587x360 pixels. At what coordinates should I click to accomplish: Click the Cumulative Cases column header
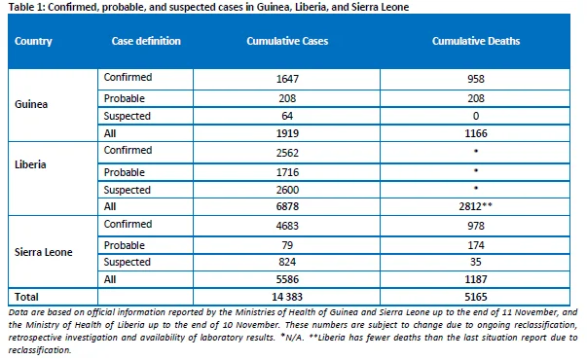click(x=287, y=41)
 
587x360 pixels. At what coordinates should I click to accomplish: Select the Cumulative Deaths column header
click(x=476, y=41)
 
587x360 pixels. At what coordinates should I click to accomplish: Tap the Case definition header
click(x=146, y=41)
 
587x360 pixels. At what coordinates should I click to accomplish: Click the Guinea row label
click(x=31, y=104)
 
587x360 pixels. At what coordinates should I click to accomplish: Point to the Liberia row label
click(x=30, y=164)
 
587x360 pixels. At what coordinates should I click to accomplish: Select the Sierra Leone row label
click(x=44, y=252)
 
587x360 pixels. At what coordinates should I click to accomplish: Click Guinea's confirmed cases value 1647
click(x=287, y=79)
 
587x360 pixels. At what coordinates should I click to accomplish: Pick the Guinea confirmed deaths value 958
click(x=476, y=79)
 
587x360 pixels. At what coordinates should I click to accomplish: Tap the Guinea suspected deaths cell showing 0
click(x=476, y=116)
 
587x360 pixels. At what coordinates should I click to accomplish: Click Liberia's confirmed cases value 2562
click(x=287, y=153)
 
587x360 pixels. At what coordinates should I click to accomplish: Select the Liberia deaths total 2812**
click(x=475, y=206)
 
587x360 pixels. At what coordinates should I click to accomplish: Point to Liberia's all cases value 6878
click(x=287, y=206)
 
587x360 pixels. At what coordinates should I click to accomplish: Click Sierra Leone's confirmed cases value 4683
click(x=287, y=226)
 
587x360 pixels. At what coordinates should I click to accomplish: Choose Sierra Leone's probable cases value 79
click(x=287, y=245)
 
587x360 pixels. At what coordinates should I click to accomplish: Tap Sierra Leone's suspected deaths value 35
click(x=476, y=262)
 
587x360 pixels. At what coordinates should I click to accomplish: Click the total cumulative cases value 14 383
click(x=287, y=297)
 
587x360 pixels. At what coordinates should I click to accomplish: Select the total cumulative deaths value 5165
click(x=476, y=297)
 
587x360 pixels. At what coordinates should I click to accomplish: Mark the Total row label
click(x=26, y=297)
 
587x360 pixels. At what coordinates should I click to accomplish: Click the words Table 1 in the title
click(x=25, y=7)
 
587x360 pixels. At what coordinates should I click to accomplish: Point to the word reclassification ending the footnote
click(x=40, y=350)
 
